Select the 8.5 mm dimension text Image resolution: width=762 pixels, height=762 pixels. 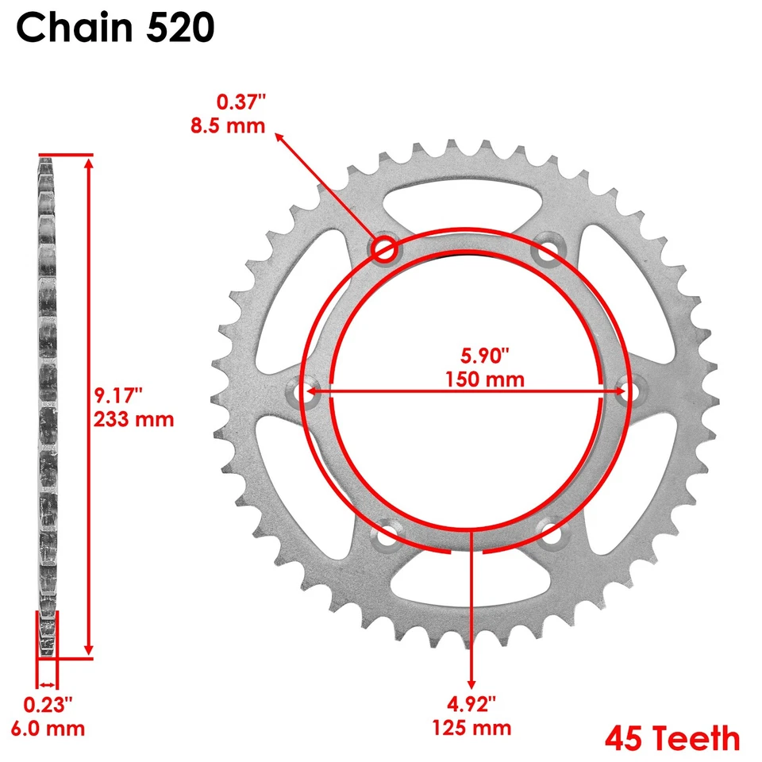[229, 125]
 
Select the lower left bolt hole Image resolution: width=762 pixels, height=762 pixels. [387, 536]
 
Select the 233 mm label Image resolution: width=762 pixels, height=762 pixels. [133, 418]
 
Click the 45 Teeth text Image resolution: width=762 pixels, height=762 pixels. [672, 739]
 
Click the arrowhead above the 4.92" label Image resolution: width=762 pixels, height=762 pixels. [472, 683]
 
